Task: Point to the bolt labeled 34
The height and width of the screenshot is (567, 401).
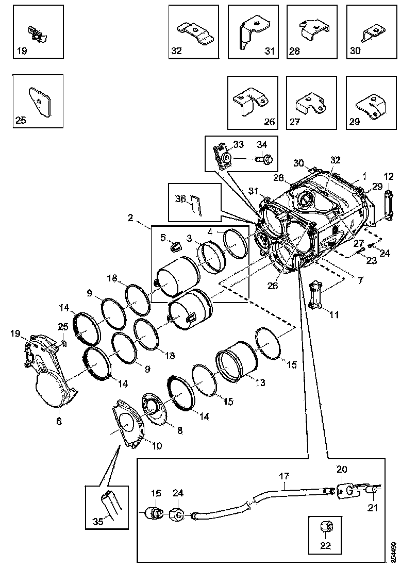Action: pyautogui.click(x=265, y=159)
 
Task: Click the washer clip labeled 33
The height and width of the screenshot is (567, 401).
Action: pyautogui.click(x=224, y=156)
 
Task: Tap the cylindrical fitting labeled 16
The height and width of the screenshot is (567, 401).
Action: pyautogui.click(x=154, y=513)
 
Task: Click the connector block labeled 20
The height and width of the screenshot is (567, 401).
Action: pyautogui.click(x=344, y=491)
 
